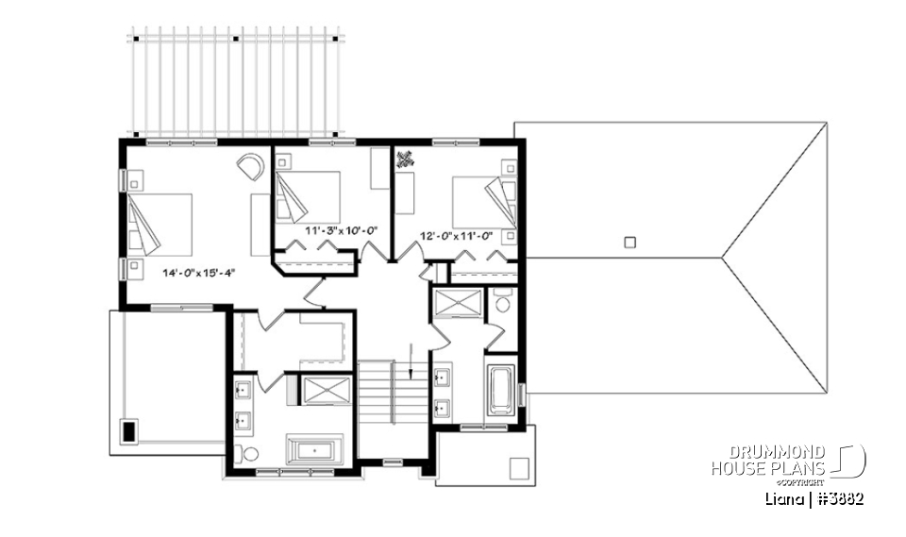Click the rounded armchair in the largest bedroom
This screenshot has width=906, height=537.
(x=251, y=166)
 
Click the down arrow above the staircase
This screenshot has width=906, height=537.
(x=412, y=361)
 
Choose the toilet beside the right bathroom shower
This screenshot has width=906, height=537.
(x=502, y=303)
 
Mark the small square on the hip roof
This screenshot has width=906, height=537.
(x=630, y=242)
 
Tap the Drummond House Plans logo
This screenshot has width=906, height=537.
(x=787, y=461)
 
